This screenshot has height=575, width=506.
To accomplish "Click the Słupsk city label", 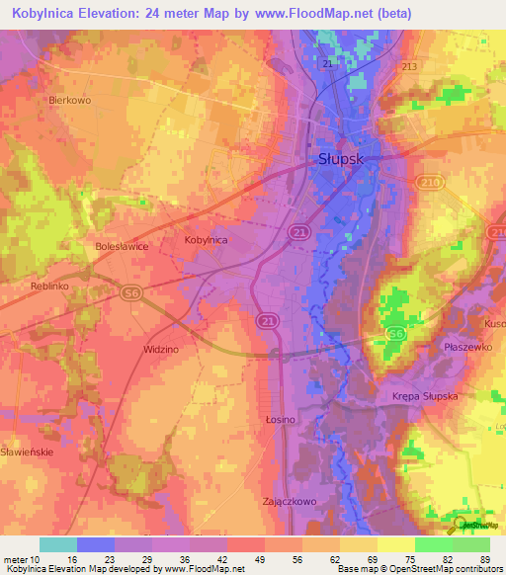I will [x=342, y=158].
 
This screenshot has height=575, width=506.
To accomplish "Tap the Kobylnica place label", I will [x=207, y=239].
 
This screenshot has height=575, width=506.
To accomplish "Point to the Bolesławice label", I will [x=121, y=248].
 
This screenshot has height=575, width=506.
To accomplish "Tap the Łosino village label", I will [x=281, y=420].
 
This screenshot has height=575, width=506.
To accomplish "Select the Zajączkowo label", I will [x=289, y=501].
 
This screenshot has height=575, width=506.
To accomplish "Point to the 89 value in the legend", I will [x=484, y=559].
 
